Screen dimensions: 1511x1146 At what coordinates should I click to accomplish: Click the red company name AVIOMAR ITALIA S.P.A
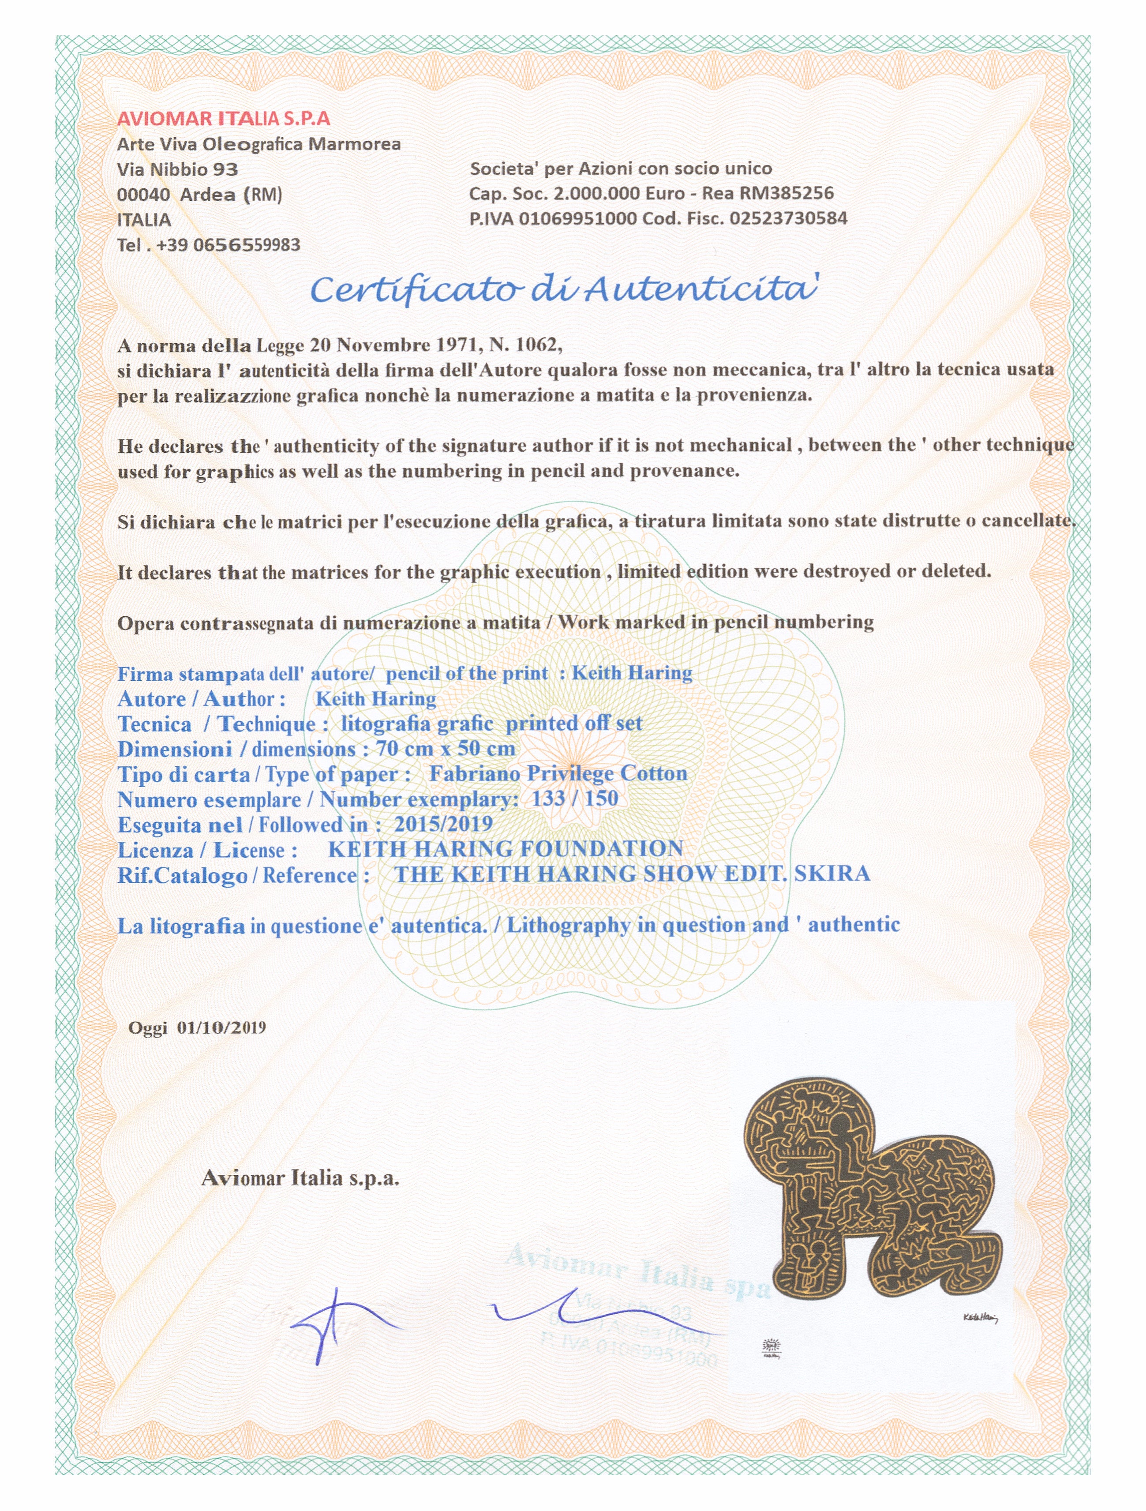pos(223,119)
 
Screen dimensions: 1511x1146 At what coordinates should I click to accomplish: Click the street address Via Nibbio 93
pos(178,169)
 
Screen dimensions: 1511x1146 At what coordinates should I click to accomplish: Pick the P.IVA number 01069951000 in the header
pos(578,218)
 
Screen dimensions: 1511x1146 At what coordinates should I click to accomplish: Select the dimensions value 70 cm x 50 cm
pos(445,749)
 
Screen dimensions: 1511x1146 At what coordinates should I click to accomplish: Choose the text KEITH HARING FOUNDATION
pos(506,849)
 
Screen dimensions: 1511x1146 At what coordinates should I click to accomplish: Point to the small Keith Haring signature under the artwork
pos(980,1318)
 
